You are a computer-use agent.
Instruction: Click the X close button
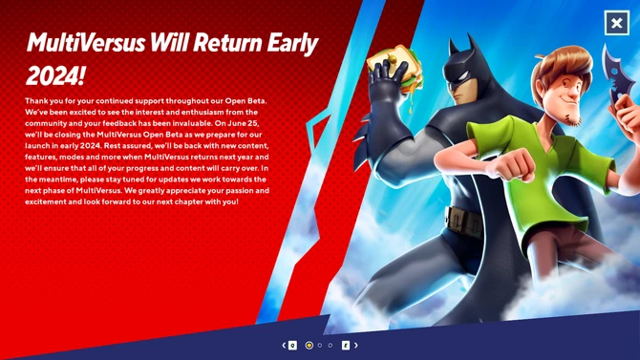tap(617, 23)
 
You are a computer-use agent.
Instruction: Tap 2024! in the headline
tap(54, 76)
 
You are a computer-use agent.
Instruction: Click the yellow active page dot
tap(309, 345)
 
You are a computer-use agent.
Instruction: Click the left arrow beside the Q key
tap(284, 345)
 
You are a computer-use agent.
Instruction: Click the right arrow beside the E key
tap(356, 345)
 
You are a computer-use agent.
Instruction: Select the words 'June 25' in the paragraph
tap(243, 124)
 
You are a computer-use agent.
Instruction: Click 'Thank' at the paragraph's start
tap(38, 100)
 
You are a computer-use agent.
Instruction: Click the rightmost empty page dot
tap(331, 345)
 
